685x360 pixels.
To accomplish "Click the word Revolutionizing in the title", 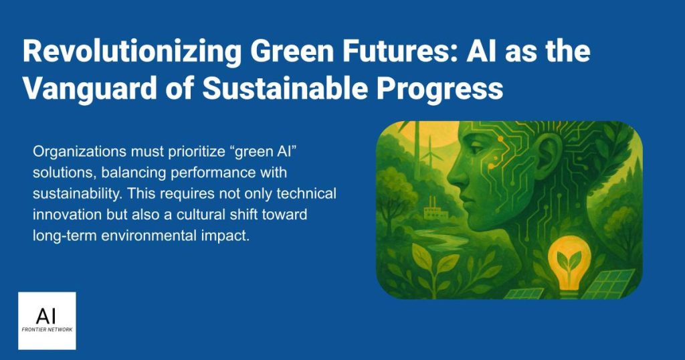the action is [x=132, y=52].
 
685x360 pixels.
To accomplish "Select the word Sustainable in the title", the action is [x=285, y=88].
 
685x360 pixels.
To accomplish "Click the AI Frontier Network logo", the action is [x=47, y=321].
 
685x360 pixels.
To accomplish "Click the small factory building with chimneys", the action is [x=436, y=210].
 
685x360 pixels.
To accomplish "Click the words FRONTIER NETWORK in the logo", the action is [x=47, y=329].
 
